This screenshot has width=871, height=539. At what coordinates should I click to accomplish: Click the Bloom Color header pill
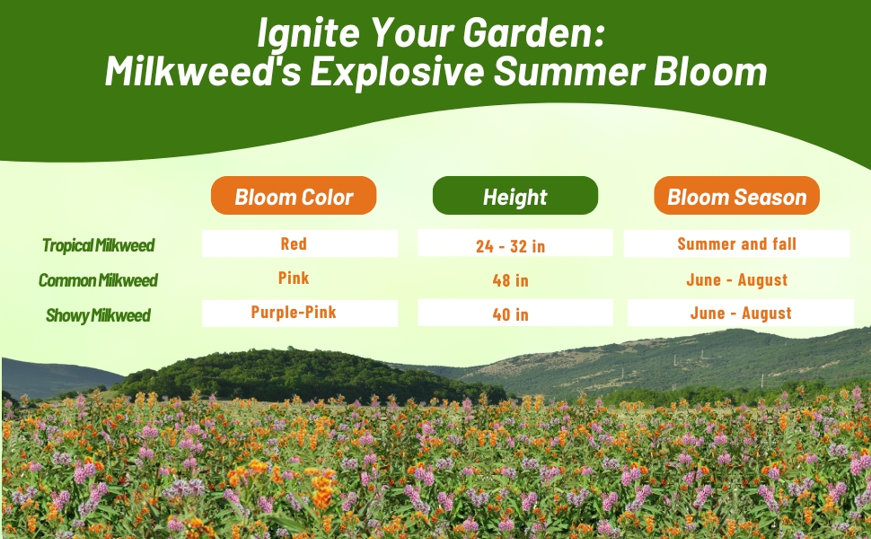pyautogui.click(x=294, y=196)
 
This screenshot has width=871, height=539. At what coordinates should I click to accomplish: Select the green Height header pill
pyautogui.click(x=515, y=196)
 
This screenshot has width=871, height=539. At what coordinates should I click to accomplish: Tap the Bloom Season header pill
pyautogui.click(x=736, y=196)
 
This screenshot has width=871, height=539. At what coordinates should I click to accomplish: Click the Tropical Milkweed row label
pyautogui.click(x=98, y=245)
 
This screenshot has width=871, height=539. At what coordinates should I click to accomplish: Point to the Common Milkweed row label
pyautogui.click(x=98, y=280)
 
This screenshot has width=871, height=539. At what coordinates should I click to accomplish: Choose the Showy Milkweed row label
pyautogui.click(x=98, y=315)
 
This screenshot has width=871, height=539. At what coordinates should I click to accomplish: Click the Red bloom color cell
pyautogui.click(x=299, y=243)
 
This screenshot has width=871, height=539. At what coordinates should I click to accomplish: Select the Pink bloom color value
pyautogui.click(x=294, y=278)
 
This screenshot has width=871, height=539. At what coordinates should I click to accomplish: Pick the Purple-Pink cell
pyautogui.click(x=299, y=313)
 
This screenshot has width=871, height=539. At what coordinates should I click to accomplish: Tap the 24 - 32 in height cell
pyautogui.click(x=515, y=243)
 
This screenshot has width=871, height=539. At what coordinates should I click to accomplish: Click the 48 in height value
pyautogui.click(x=511, y=280)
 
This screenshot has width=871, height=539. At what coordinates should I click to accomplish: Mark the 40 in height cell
pyautogui.click(x=515, y=313)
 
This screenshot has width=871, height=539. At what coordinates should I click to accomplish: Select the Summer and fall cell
pyautogui.click(x=736, y=243)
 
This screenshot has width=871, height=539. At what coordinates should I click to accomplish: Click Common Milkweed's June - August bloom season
pyautogui.click(x=736, y=279)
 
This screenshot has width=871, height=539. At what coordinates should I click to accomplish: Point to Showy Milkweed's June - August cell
pyautogui.click(x=741, y=313)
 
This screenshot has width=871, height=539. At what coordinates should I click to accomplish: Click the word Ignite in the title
pyautogui.click(x=308, y=33)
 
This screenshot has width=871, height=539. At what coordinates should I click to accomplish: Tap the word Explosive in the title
pyautogui.click(x=397, y=72)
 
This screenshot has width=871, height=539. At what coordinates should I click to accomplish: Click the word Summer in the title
pyautogui.click(x=568, y=71)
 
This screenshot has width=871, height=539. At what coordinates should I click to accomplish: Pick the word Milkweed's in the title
pyautogui.click(x=203, y=71)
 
